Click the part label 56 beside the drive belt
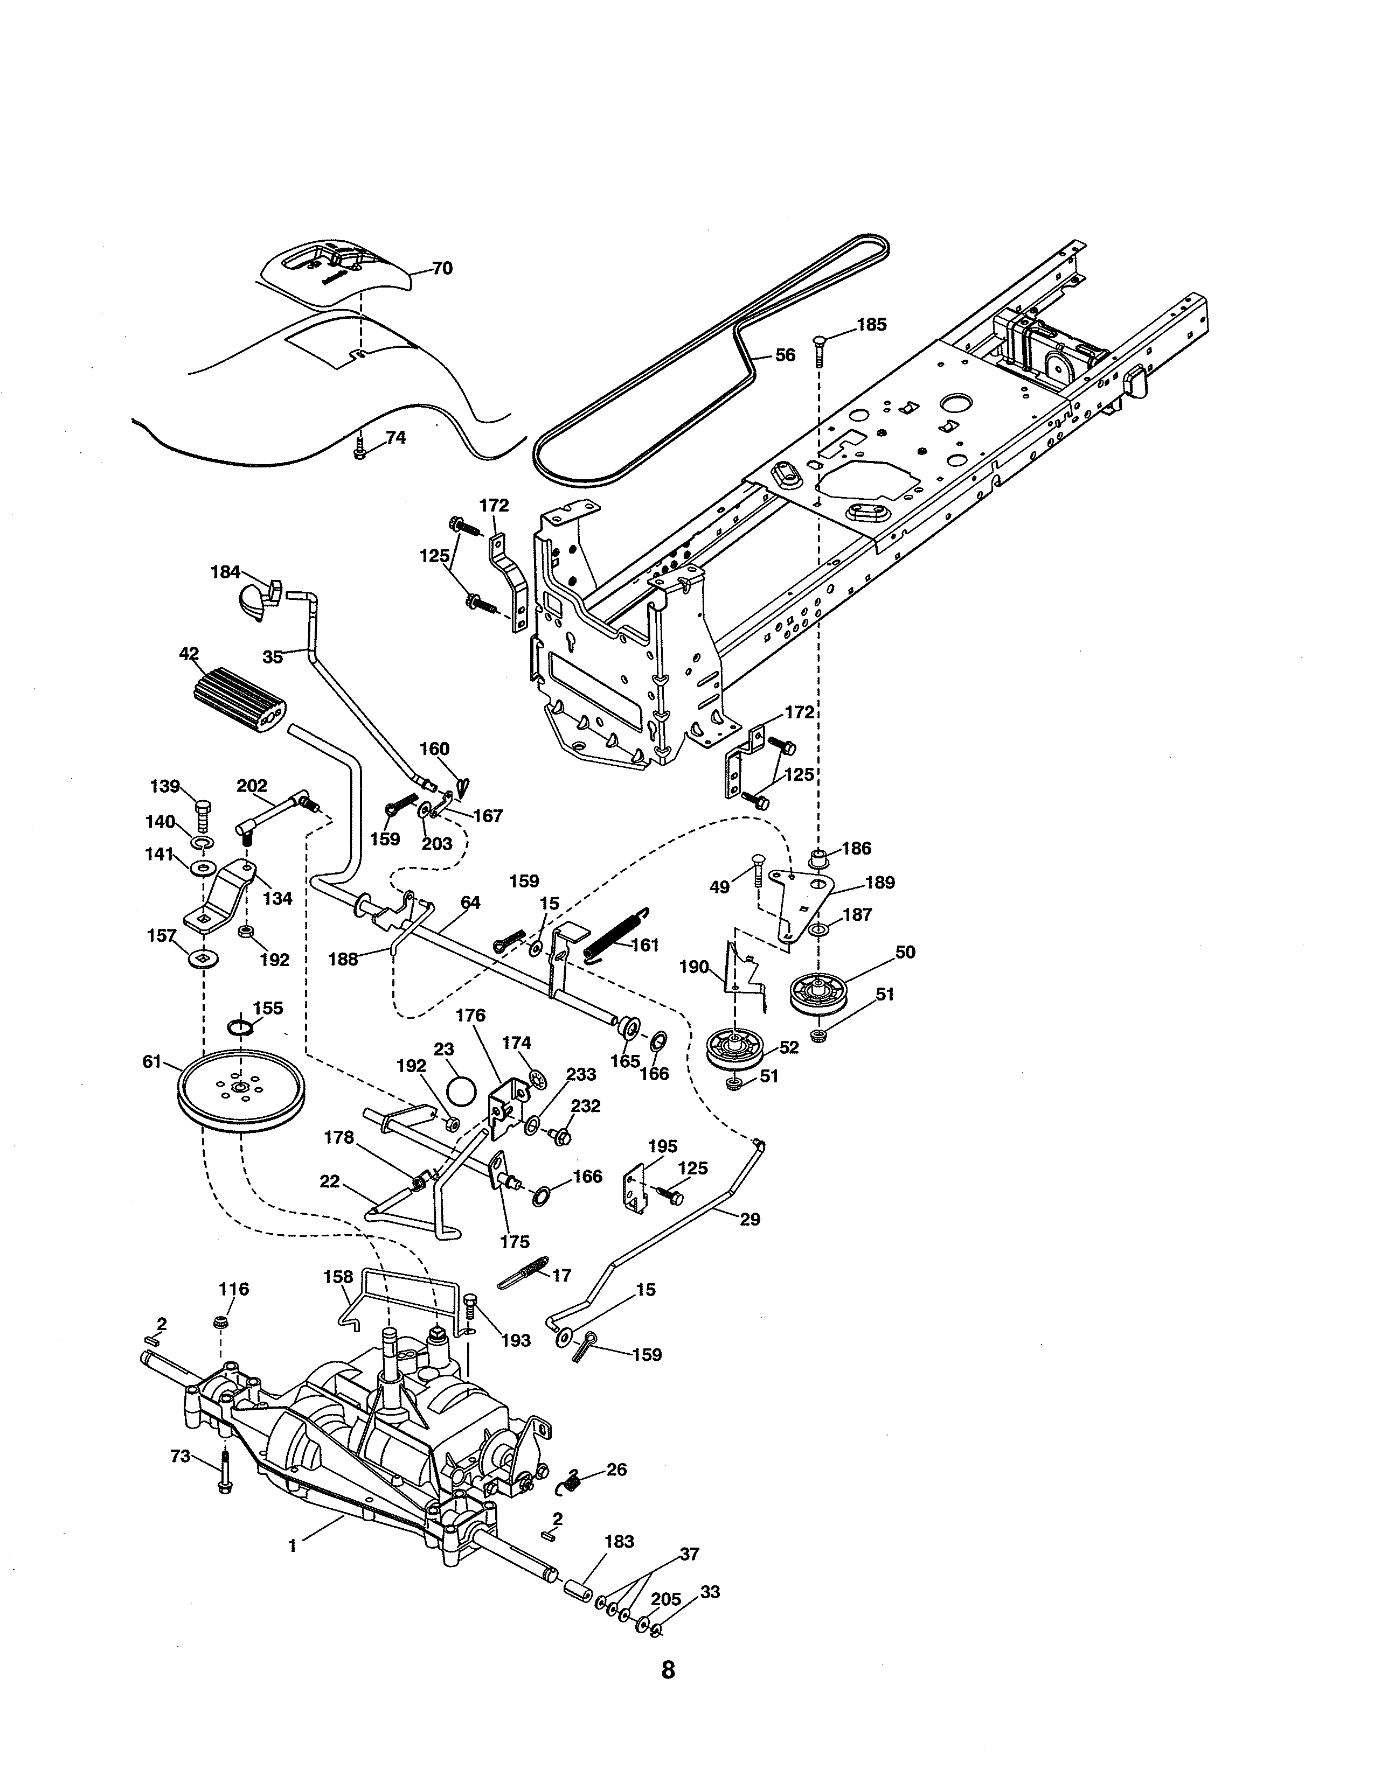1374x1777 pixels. (x=785, y=355)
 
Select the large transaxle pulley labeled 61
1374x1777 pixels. (x=240, y=1090)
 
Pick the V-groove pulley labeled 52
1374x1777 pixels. (x=735, y=1050)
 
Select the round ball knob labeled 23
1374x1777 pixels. (x=462, y=1090)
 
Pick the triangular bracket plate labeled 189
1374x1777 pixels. (x=802, y=899)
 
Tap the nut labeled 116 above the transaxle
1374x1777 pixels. (x=219, y=1321)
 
